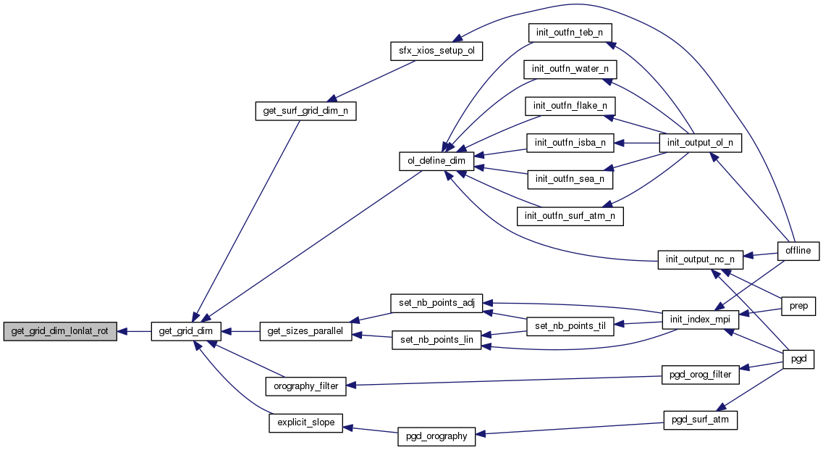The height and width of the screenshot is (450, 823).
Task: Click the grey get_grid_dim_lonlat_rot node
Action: [x=60, y=331]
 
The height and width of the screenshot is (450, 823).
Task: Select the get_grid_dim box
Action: [x=185, y=331]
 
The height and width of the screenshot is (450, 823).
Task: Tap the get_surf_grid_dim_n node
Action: [x=305, y=112]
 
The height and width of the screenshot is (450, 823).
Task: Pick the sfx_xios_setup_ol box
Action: [x=436, y=51]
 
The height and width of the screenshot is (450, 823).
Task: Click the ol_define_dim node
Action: [x=436, y=160]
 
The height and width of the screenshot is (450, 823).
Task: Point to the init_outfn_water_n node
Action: [x=569, y=69]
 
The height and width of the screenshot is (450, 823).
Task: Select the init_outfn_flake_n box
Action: [x=570, y=106]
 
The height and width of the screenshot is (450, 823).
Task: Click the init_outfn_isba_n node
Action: [x=570, y=142]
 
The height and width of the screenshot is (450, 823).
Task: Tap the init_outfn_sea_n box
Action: [x=570, y=178]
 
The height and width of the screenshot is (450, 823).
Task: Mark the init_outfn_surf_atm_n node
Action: [x=570, y=215]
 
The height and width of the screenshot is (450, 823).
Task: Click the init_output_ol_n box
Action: [x=700, y=142]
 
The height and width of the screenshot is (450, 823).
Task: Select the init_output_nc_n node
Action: [x=700, y=259]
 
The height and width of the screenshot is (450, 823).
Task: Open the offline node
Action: [x=798, y=251]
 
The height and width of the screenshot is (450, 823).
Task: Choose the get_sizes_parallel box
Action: [x=305, y=331]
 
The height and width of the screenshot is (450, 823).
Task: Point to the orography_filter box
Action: [x=305, y=386]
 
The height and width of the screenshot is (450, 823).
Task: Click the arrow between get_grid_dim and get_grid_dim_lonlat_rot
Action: [x=133, y=331]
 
